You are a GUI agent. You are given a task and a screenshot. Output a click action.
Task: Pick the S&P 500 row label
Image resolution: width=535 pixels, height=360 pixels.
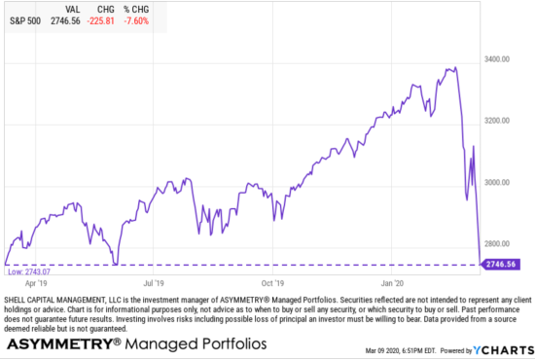[26, 20]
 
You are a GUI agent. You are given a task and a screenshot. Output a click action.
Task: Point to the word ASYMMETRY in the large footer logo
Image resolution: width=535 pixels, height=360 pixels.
[58, 343]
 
